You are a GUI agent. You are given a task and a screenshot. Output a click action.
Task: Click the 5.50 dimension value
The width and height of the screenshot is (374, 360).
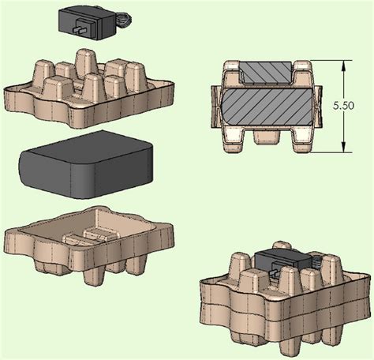(x=343, y=106)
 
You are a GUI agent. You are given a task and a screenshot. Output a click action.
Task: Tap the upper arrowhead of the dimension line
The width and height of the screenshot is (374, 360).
(x=343, y=66)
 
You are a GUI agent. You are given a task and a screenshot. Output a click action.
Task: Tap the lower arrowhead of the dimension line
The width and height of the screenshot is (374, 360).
(x=343, y=147)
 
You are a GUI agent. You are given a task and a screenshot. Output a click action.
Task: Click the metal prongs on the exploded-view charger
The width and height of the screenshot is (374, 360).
(x=79, y=30)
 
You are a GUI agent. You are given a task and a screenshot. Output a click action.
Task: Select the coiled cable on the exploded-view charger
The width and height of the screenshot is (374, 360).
(x=124, y=21)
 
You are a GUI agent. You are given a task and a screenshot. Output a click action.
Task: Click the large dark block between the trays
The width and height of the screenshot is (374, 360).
(x=85, y=164)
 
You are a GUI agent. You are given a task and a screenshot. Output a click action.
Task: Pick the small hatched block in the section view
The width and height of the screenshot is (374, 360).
(x=266, y=72)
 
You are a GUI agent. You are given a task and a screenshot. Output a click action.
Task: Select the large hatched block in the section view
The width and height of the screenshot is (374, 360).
(x=266, y=107)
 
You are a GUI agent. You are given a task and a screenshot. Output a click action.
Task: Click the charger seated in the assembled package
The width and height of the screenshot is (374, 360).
(x=284, y=261)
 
